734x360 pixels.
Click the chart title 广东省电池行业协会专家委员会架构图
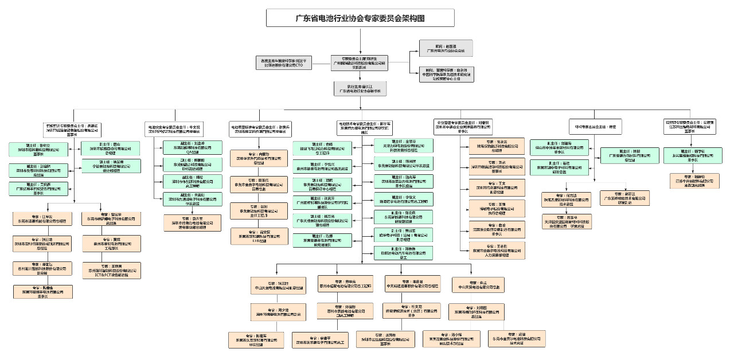[x=360, y=18]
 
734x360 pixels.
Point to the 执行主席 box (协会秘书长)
[x=360, y=88]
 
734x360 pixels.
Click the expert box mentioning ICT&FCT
[x=112, y=271]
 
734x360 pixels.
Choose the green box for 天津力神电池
[x=403, y=146]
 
